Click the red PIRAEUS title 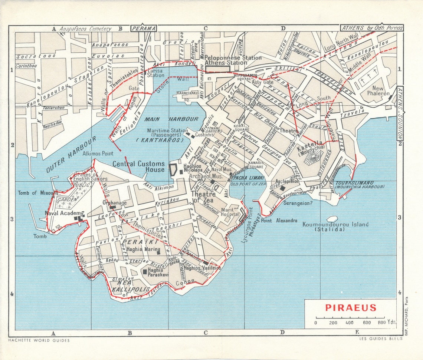coord(351,308)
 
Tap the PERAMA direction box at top coord(143,28)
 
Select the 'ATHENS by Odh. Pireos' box coord(372,28)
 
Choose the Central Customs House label coord(138,166)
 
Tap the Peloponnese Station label coord(233,58)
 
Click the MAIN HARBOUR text coord(171,119)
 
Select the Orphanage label coord(114,203)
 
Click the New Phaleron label coord(378,91)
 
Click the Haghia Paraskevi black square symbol coord(145,272)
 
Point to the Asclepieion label coord(288,182)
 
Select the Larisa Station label coord(155,73)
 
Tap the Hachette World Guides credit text coord(39,340)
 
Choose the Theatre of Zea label coord(203,197)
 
